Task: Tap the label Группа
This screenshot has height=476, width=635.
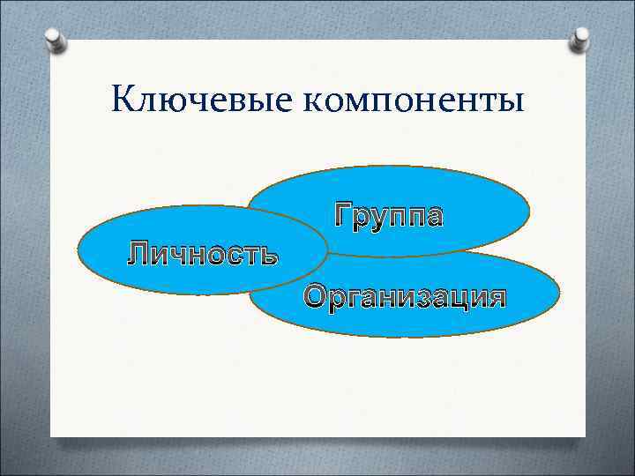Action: pyautogui.click(x=388, y=215)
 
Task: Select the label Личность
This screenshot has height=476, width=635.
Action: pyautogui.click(x=203, y=255)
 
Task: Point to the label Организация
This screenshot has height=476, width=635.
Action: pyautogui.click(x=406, y=295)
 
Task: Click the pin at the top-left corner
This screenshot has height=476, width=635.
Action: pyautogui.click(x=55, y=41)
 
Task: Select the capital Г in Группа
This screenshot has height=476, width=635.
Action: pyautogui.click(x=344, y=213)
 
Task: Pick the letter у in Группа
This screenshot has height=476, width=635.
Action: pyautogui.click(x=384, y=217)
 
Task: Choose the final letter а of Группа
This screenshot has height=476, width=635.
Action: pyautogui.click(x=432, y=216)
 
